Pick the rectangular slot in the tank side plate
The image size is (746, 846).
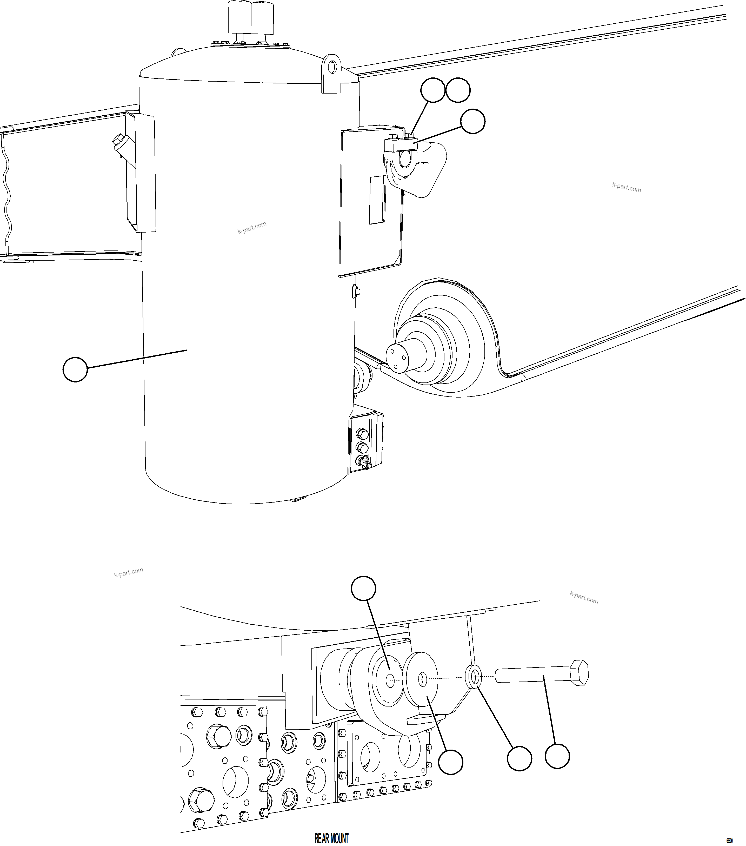point(377,200)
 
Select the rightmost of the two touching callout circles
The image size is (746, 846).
point(458,90)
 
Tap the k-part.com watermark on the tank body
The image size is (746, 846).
point(252,228)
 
